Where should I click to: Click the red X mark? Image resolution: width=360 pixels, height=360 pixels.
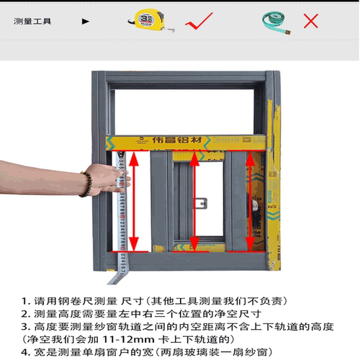310,20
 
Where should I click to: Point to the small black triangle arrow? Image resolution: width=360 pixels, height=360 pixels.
86,21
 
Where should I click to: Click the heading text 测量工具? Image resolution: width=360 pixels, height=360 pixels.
32,21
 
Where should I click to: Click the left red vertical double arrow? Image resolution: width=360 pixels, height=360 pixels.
131,201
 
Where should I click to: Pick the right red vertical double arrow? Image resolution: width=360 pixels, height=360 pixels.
249,201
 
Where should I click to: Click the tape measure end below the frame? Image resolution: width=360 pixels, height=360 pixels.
114,275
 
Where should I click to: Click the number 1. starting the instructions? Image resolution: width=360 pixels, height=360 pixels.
26,300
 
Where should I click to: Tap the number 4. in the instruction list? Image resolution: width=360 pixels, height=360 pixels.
26,351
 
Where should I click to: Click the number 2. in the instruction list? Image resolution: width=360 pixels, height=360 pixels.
26,313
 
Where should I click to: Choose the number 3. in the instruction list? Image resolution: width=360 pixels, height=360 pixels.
26,326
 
